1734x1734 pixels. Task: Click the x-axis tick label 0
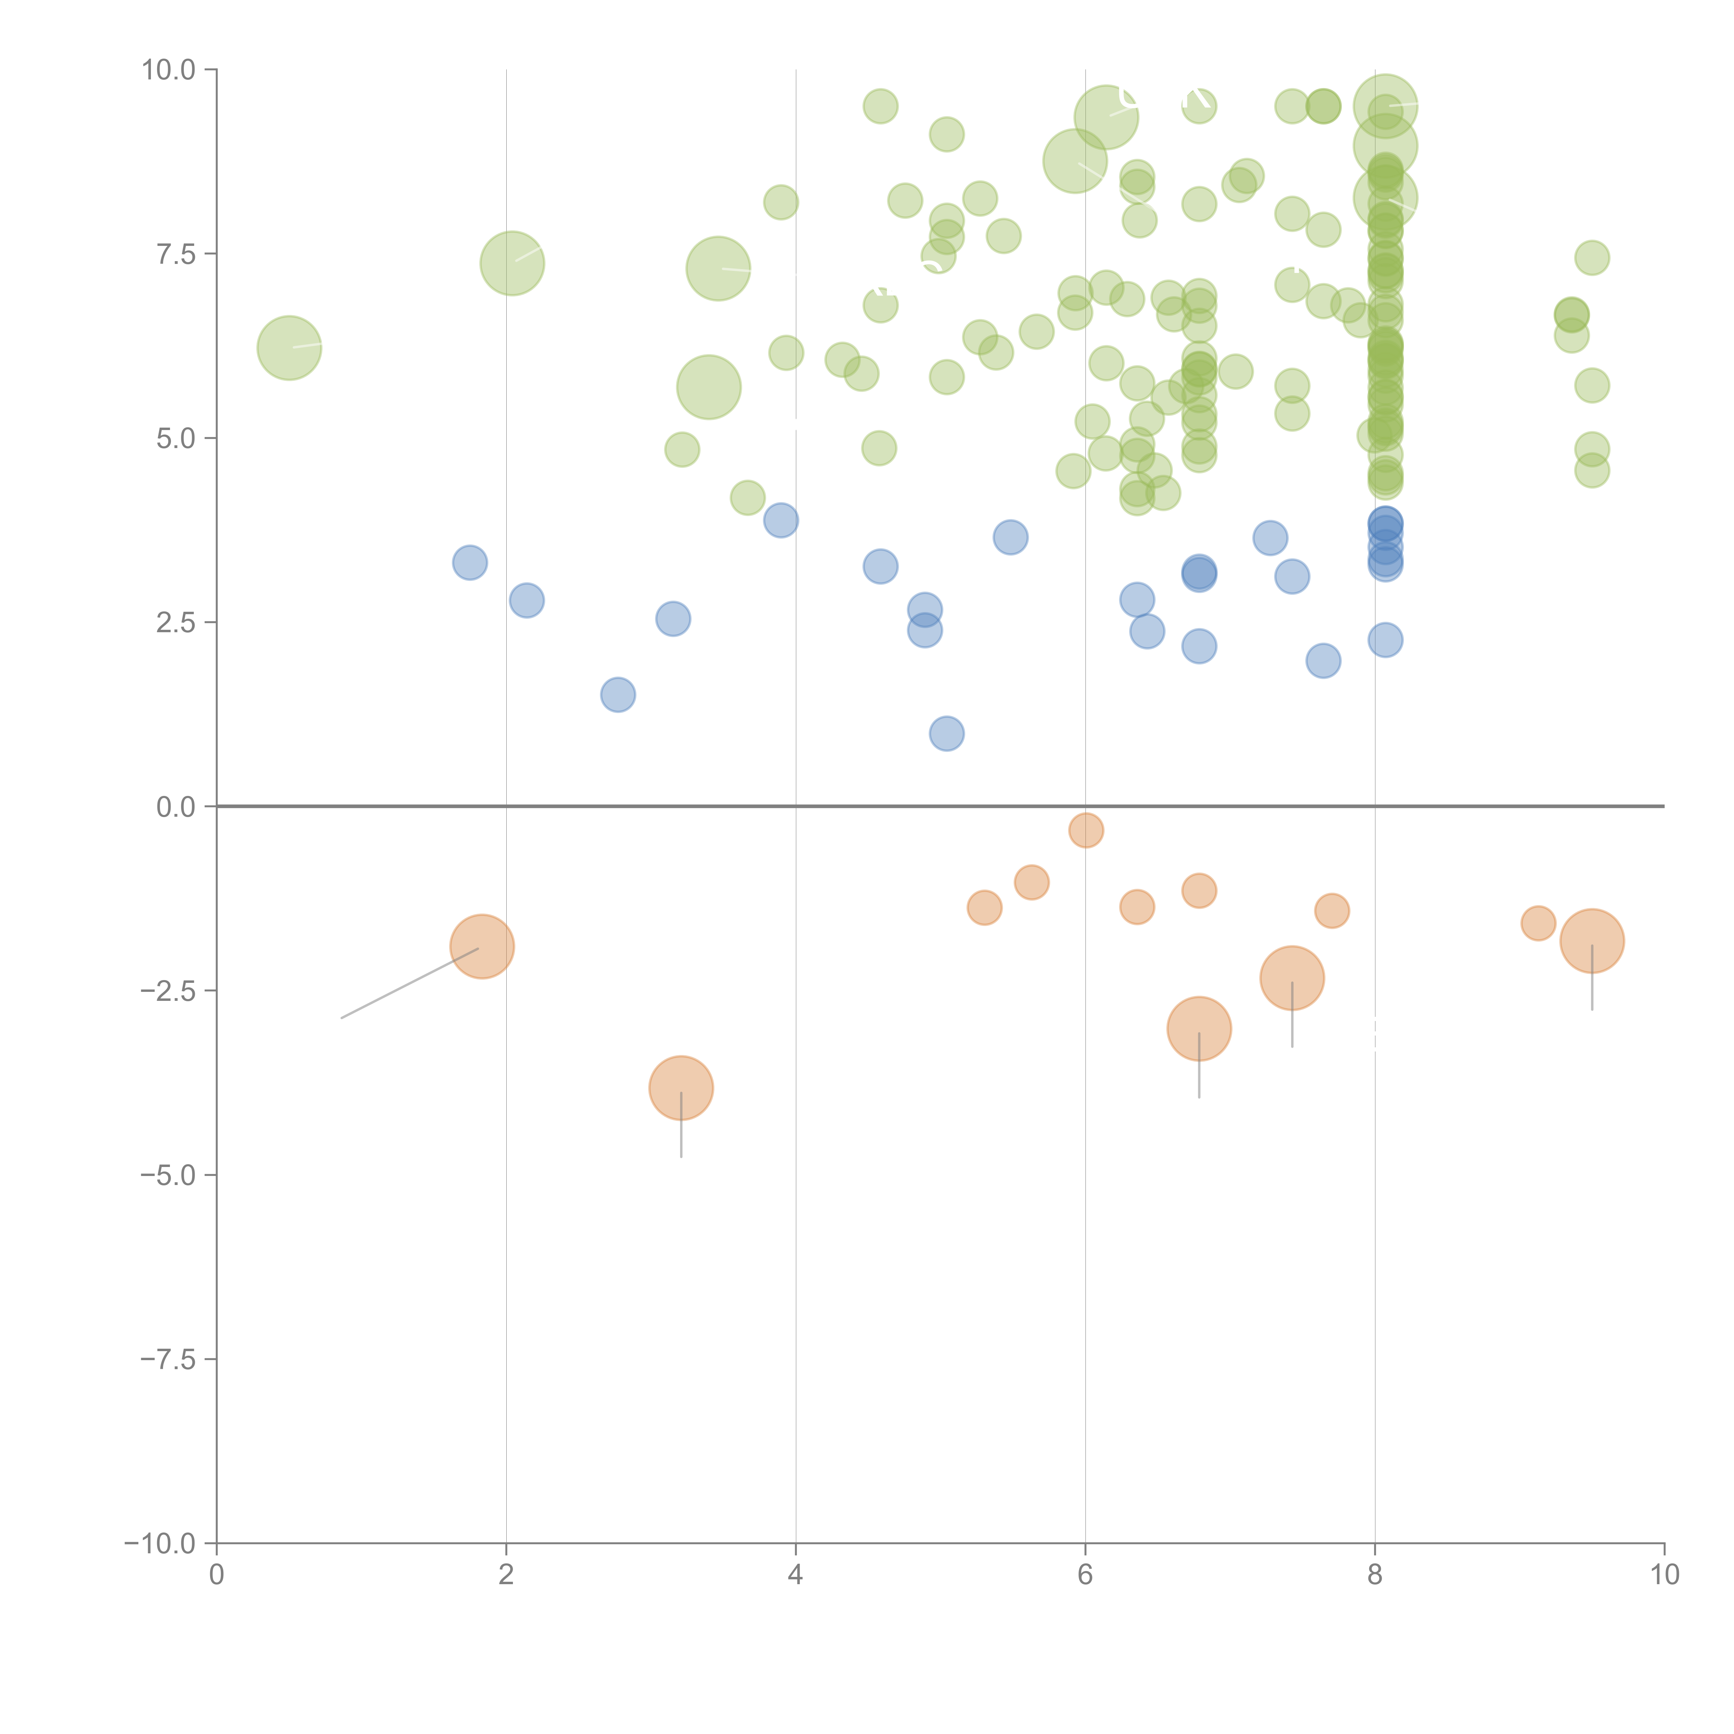click(216, 1575)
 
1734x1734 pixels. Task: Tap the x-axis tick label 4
click(795, 1575)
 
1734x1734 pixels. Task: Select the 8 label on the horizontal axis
click(1375, 1575)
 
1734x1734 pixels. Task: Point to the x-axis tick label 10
click(1664, 1575)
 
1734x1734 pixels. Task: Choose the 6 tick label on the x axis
click(1085, 1575)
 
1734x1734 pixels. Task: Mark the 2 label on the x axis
click(506, 1575)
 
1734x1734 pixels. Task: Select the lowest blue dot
click(946, 733)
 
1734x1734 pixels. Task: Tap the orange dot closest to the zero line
click(1086, 830)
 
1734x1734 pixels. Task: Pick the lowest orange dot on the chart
click(681, 1088)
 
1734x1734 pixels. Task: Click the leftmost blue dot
click(470, 563)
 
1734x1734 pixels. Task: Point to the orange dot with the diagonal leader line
click(482, 947)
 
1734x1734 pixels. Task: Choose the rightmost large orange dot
click(1592, 941)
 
